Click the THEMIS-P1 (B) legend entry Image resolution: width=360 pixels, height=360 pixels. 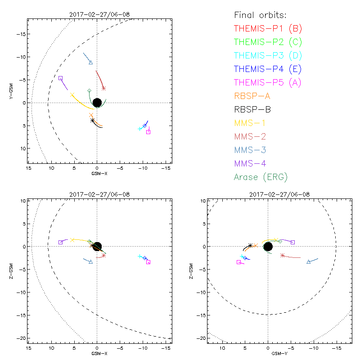(x=268, y=29)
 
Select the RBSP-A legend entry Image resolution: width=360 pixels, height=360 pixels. (x=252, y=96)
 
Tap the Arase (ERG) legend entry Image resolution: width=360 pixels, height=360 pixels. (x=261, y=177)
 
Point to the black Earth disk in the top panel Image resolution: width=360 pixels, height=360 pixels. (x=97, y=103)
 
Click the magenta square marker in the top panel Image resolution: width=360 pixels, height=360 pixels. (x=148, y=132)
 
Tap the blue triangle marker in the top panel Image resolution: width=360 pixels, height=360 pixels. (x=91, y=63)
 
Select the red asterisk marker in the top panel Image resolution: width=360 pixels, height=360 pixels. (x=104, y=88)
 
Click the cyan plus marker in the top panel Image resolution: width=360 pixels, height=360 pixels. (x=140, y=129)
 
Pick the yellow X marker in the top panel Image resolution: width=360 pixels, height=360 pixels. (x=72, y=95)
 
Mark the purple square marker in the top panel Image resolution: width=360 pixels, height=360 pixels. (x=60, y=78)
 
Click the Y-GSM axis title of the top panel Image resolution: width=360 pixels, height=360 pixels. (x=12, y=92)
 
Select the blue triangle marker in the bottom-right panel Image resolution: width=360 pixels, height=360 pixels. (x=308, y=262)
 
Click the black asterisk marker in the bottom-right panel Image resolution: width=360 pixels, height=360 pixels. (x=250, y=246)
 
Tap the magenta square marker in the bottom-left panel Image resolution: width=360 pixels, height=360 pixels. (x=148, y=262)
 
